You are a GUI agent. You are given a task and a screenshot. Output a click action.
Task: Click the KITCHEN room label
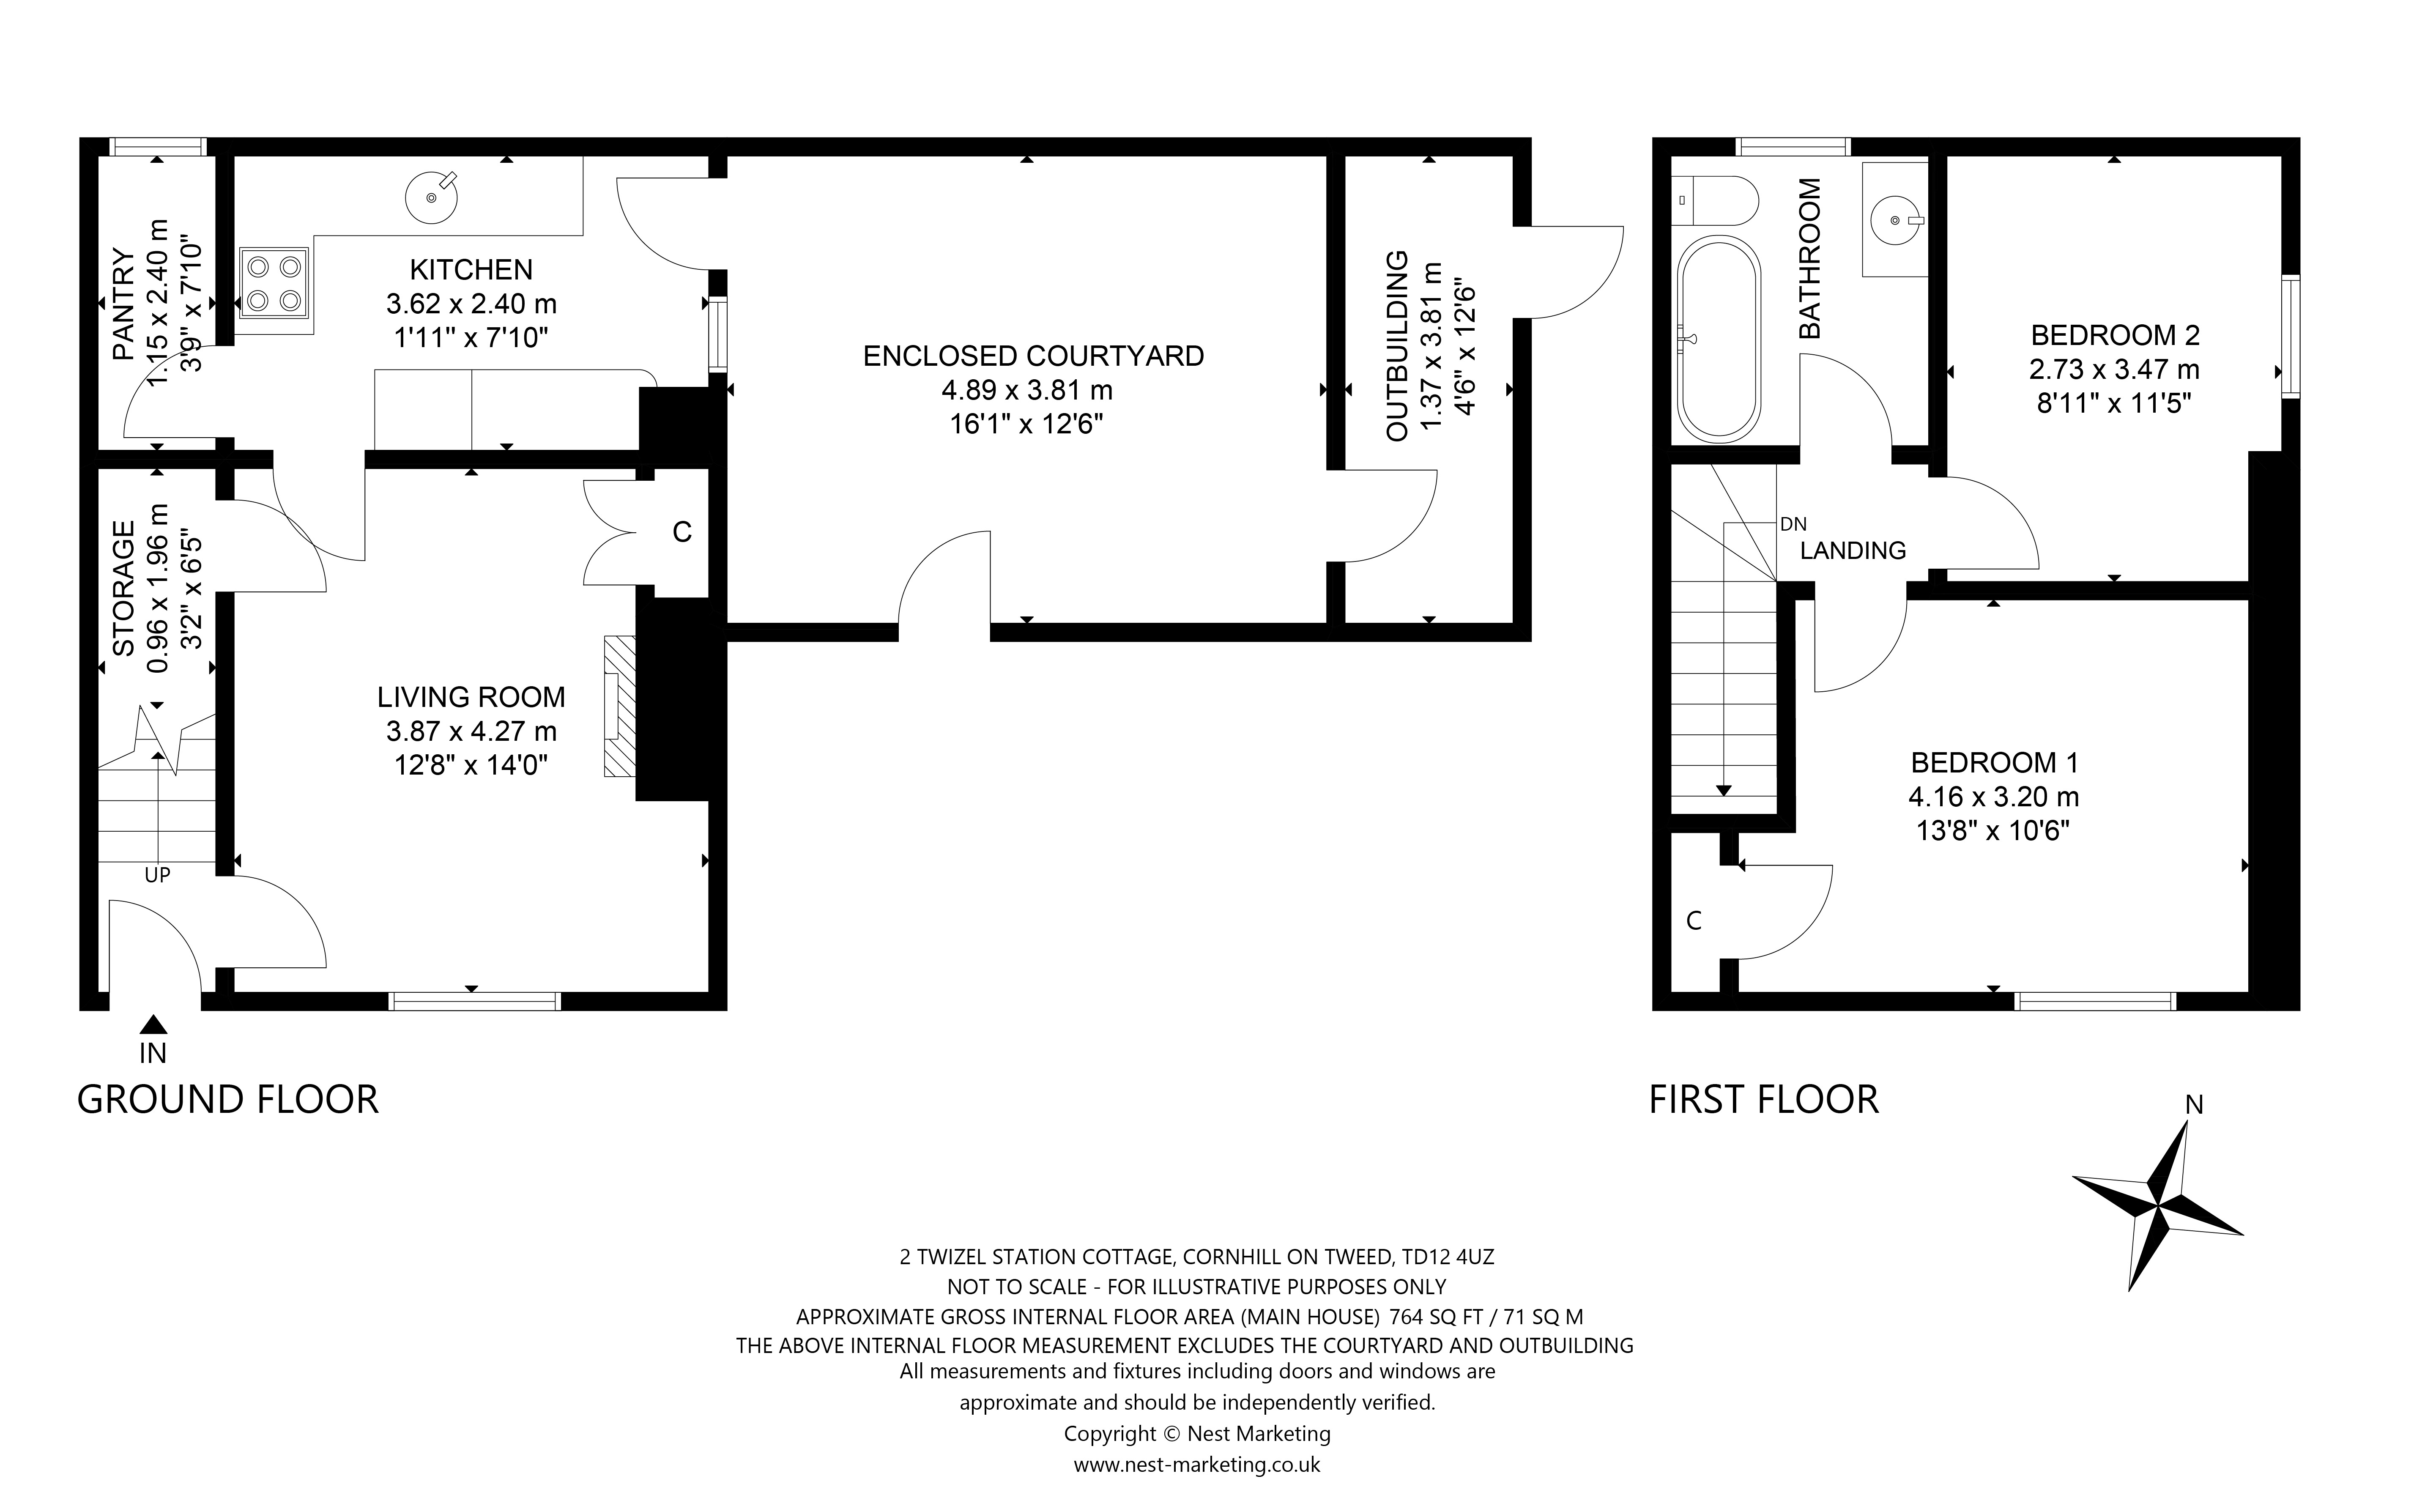click(x=471, y=269)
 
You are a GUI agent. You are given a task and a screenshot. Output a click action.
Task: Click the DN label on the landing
click(x=1793, y=524)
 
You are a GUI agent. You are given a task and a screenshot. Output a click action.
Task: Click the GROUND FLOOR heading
click(x=227, y=1100)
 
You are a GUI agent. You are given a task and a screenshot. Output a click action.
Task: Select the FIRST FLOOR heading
click(x=1763, y=1100)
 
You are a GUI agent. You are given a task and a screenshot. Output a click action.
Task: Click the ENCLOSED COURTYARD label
click(x=1033, y=356)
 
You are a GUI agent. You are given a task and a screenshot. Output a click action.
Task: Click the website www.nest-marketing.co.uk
click(x=1196, y=1464)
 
